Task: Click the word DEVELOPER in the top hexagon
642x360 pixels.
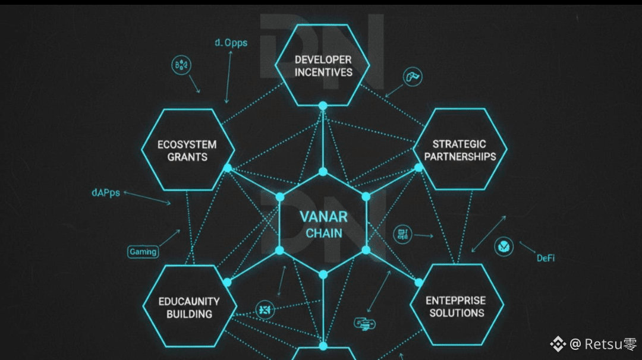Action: point(323,59)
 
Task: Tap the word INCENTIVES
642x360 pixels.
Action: point(323,72)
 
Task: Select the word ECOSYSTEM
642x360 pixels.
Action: point(187,144)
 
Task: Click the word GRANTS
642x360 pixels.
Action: point(187,157)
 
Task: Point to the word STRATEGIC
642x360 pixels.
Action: point(459,144)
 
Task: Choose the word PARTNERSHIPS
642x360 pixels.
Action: point(460,157)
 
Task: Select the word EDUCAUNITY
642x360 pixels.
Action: point(188,301)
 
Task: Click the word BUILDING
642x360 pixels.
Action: point(188,314)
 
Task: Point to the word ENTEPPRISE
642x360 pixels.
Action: point(456,301)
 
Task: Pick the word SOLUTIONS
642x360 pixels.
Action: point(457,313)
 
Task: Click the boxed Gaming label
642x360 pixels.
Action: point(143,252)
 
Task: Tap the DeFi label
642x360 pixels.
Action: point(546,258)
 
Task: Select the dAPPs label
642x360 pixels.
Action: point(106,192)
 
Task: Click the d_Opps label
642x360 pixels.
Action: point(231,43)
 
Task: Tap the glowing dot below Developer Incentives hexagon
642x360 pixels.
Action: point(323,106)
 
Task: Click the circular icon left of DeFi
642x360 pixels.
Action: point(503,246)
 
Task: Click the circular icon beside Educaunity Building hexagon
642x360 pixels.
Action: point(264,309)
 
